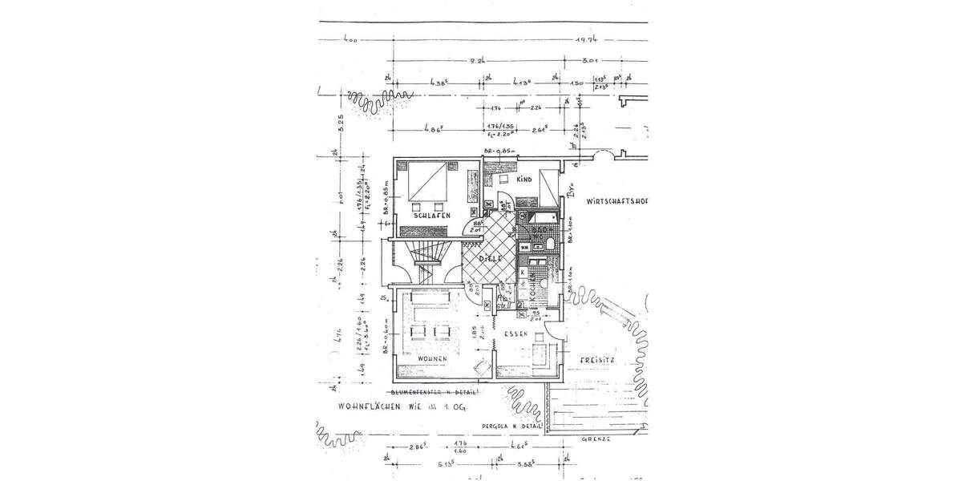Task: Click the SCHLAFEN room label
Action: [432, 216]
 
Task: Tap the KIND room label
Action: [524, 180]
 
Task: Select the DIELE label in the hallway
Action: [490, 259]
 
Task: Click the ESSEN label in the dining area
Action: [516, 333]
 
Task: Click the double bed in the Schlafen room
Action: [427, 184]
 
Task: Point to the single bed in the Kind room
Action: [549, 187]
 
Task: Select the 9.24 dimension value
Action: [479, 59]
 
